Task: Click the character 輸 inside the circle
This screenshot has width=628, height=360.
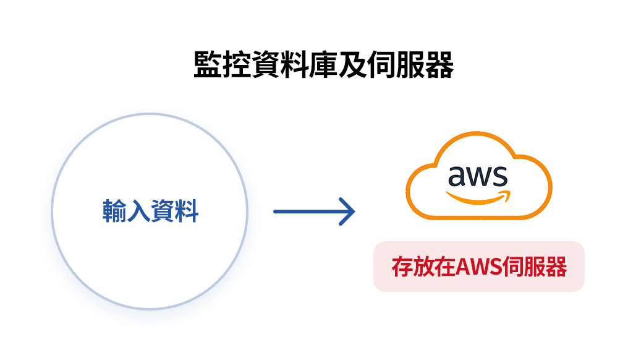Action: coord(114,212)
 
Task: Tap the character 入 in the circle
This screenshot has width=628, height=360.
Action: coord(138,212)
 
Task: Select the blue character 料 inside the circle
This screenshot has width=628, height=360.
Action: coord(187,212)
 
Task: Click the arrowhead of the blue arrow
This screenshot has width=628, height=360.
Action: coord(350,212)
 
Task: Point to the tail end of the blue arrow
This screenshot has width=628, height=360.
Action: coord(276,212)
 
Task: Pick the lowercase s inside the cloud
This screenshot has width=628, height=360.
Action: coord(500,177)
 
